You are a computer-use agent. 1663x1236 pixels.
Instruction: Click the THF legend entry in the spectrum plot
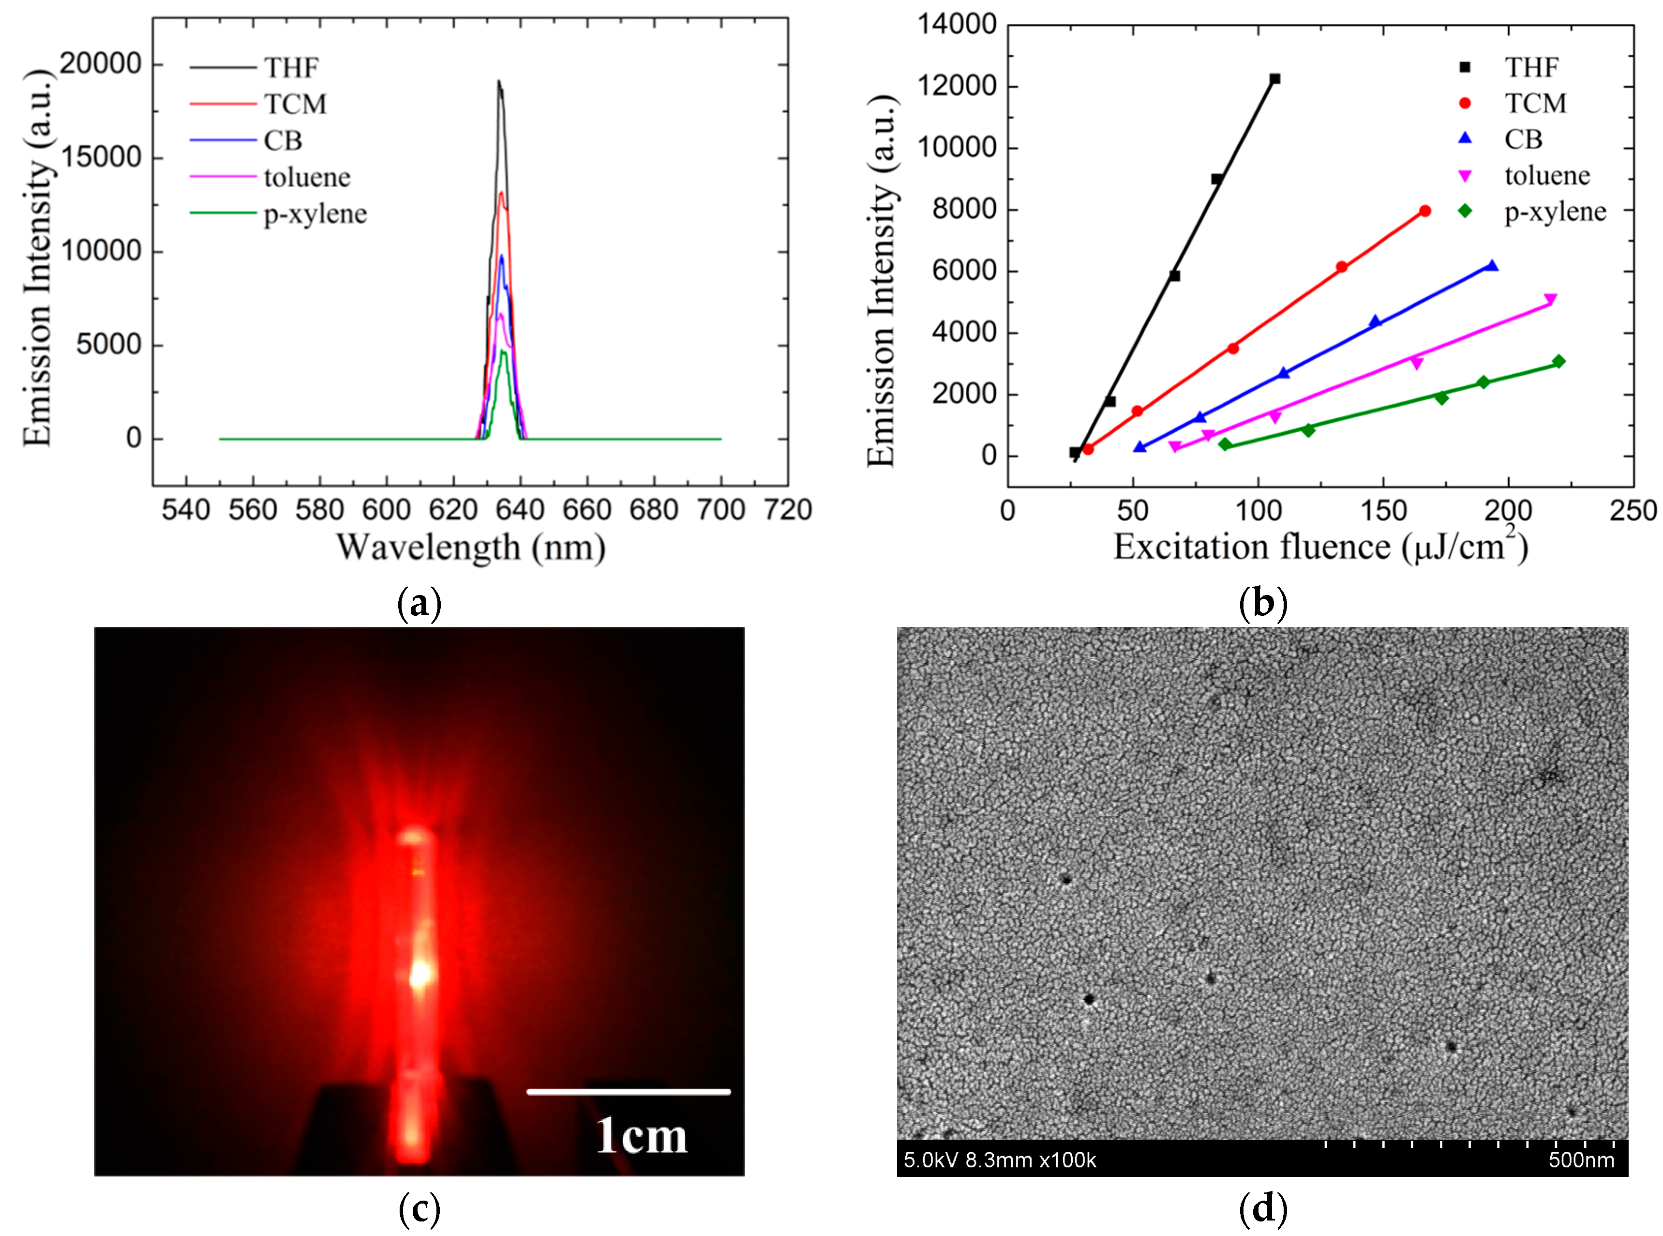point(291,68)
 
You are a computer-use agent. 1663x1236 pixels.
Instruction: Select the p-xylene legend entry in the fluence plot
point(1555,213)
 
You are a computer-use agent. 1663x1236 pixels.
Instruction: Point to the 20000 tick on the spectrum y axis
point(100,64)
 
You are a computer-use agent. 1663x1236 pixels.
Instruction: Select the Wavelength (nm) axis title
point(470,548)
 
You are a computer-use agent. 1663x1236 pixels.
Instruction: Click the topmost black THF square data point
point(1274,78)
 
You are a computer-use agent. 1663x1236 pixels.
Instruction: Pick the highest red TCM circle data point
point(1424,212)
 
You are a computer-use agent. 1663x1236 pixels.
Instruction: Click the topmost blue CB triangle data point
point(1492,266)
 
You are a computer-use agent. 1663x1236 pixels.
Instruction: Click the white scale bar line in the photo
point(628,1092)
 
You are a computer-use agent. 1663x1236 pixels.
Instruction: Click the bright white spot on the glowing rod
point(420,974)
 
